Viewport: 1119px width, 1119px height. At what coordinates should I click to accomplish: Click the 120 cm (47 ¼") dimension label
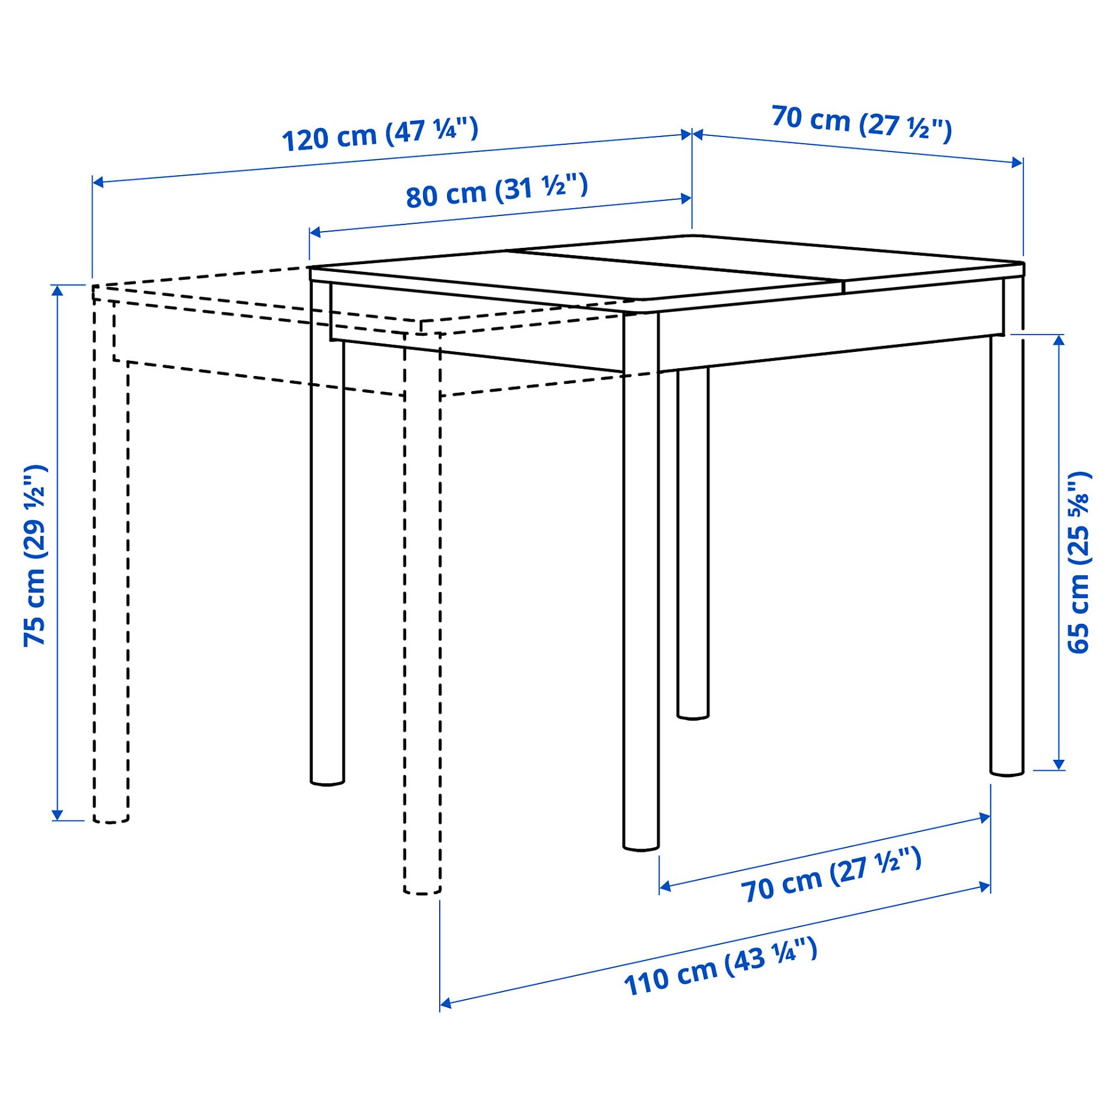380,134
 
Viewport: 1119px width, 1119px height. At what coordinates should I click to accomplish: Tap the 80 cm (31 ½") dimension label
496,190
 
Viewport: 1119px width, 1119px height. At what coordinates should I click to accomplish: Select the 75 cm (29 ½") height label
35,555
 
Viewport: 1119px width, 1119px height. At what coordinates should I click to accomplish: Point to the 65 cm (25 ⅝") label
1078,563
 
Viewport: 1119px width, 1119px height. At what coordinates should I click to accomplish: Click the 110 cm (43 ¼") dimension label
720,966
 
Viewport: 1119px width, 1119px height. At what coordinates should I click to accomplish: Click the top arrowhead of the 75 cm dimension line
57,290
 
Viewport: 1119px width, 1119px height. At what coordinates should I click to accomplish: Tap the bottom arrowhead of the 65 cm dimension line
1059,765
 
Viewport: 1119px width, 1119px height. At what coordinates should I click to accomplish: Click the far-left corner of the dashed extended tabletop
93,286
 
